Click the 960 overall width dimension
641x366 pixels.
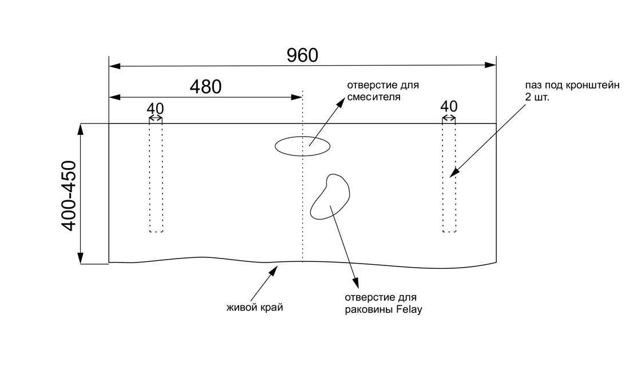(x=302, y=55)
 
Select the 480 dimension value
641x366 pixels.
(x=205, y=87)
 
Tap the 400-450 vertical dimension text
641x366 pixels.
(x=69, y=196)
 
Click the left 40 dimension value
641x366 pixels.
(x=155, y=108)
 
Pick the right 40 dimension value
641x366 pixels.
(x=449, y=106)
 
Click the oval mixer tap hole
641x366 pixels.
(x=302, y=146)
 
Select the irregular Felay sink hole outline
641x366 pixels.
(x=330, y=197)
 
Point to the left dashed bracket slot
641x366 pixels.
(x=156, y=177)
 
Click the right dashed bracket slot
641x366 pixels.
(x=449, y=177)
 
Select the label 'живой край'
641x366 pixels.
(x=255, y=308)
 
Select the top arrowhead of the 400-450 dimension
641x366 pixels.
(x=81, y=129)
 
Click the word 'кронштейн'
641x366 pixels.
(x=594, y=86)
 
